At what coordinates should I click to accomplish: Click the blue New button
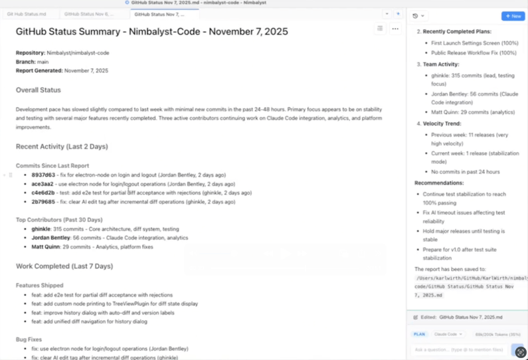tap(513, 16)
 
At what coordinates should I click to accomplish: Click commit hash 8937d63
tap(43, 175)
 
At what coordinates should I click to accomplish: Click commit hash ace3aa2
tap(43, 184)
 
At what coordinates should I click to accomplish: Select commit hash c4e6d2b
tap(43, 193)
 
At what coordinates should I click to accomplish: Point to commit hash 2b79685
tap(43, 202)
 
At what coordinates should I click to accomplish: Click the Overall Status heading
tap(38, 90)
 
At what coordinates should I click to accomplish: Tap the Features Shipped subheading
tap(39, 285)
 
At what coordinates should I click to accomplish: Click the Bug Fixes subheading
tap(29, 339)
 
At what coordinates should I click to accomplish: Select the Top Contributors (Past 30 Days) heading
tap(59, 220)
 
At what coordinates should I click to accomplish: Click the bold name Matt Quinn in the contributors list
tap(46, 246)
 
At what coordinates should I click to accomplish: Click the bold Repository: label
tap(31, 52)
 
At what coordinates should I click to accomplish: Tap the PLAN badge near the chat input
tap(419, 334)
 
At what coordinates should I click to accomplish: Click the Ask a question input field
tap(458, 349)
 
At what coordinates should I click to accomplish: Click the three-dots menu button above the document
tap(395, 29)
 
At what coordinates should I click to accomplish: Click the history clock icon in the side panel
tap(416, 16)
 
